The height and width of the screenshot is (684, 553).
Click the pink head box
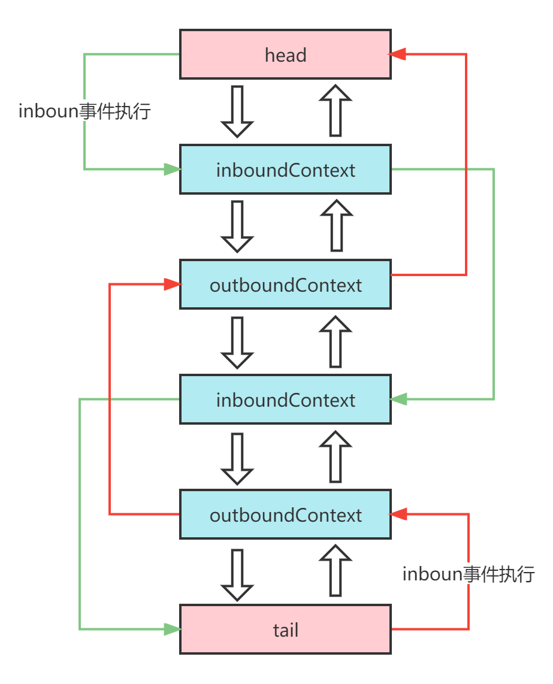pyautogui.click(x=285, y=55)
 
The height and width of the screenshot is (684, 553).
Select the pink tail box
pyautogui.click(x=285, y=629)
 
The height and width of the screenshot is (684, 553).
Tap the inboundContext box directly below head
pyautogui.click(x=285, y=170)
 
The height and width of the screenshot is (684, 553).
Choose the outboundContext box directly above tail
pyautogui.click(x=285, y=514)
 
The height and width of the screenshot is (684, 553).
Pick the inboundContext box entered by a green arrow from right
pyautogui.click(x=285, y=399)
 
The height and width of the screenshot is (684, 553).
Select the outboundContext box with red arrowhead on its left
pyautogui.click(x=285, y=285)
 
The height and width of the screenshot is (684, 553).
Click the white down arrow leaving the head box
pyautogui.click(x=237, y=111)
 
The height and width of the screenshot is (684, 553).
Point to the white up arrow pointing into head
pyautogui.click(x=336, y=111)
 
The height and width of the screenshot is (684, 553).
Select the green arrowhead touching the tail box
pyautogui.click(x=173, y=629)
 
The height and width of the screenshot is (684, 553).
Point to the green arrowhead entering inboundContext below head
pyautogui.click(x=173, y=170)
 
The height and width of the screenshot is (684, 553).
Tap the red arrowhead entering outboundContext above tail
pyautogui.click(x=398, y=514)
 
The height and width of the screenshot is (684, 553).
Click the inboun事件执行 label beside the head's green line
pyautogui.click(x=84, y=111)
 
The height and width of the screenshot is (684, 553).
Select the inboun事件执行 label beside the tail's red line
pyautogui.click(x=468, y=574)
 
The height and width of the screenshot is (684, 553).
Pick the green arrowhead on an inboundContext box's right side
pyautogui.click(x=398, y=399)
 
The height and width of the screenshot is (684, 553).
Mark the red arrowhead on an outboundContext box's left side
pyautogui.click(x=173, y=285)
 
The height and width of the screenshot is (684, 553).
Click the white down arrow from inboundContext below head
pyautogui.click(x=237, y=226)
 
